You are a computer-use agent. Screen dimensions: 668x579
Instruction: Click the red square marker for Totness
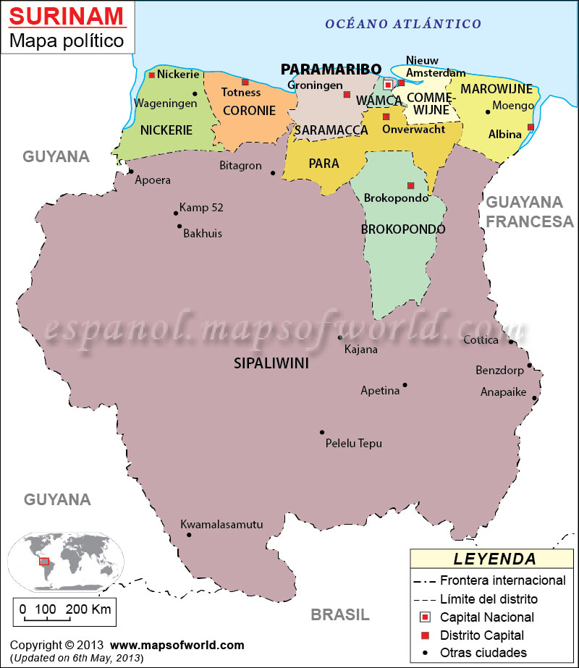coord(245,82)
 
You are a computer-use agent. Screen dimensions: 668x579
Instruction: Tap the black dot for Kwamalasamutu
coord(189,535)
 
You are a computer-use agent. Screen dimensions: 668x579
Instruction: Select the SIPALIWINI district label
coord(271,363)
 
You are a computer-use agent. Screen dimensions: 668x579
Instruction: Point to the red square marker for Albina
coord(531,127)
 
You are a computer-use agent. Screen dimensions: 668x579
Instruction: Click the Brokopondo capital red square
coord(410,185)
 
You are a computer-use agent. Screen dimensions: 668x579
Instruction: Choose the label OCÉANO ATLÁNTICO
coord(403,24)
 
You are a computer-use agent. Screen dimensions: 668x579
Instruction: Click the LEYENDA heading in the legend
coord(495,559)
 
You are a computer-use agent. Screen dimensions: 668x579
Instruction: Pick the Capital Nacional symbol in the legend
coord(426,617)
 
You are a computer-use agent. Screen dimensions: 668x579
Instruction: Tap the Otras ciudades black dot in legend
coord(426,653)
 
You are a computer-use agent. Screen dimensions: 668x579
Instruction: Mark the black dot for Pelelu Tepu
coord(322,432)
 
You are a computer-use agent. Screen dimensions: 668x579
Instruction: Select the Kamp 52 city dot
coord(176,213)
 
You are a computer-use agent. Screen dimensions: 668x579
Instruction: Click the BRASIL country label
coord(340,614)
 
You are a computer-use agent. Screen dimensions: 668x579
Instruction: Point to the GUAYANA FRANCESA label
coord(529,211)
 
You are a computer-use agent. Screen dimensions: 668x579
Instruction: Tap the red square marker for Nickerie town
coord(152,75)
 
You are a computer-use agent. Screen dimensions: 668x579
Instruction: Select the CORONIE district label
coord(249,111)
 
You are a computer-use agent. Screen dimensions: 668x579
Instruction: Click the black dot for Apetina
coord(405,385)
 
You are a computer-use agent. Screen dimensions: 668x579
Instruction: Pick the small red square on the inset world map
coord(44,561)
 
